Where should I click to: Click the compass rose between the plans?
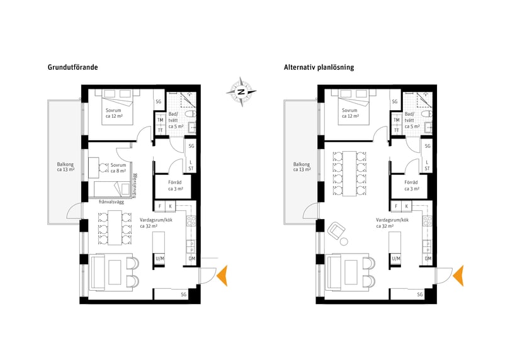pos(241,92)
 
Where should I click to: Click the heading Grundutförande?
pos(73,67)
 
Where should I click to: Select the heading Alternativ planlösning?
pos(319,67)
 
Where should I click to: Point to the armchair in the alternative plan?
pos(336,230)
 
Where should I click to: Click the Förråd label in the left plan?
pos(175,186)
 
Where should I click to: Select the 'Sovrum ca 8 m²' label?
pos(118,168)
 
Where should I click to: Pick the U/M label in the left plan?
pos(160,259)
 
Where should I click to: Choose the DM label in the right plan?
pos(428,259)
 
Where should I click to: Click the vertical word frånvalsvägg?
pos(135,186)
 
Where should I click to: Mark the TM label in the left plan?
pos(160,120)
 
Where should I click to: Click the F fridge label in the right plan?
pos(396,206)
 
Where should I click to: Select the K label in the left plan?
pos(171,206)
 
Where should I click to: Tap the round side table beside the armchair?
pos(344,242)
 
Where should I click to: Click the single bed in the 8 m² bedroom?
pos(111,189)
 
